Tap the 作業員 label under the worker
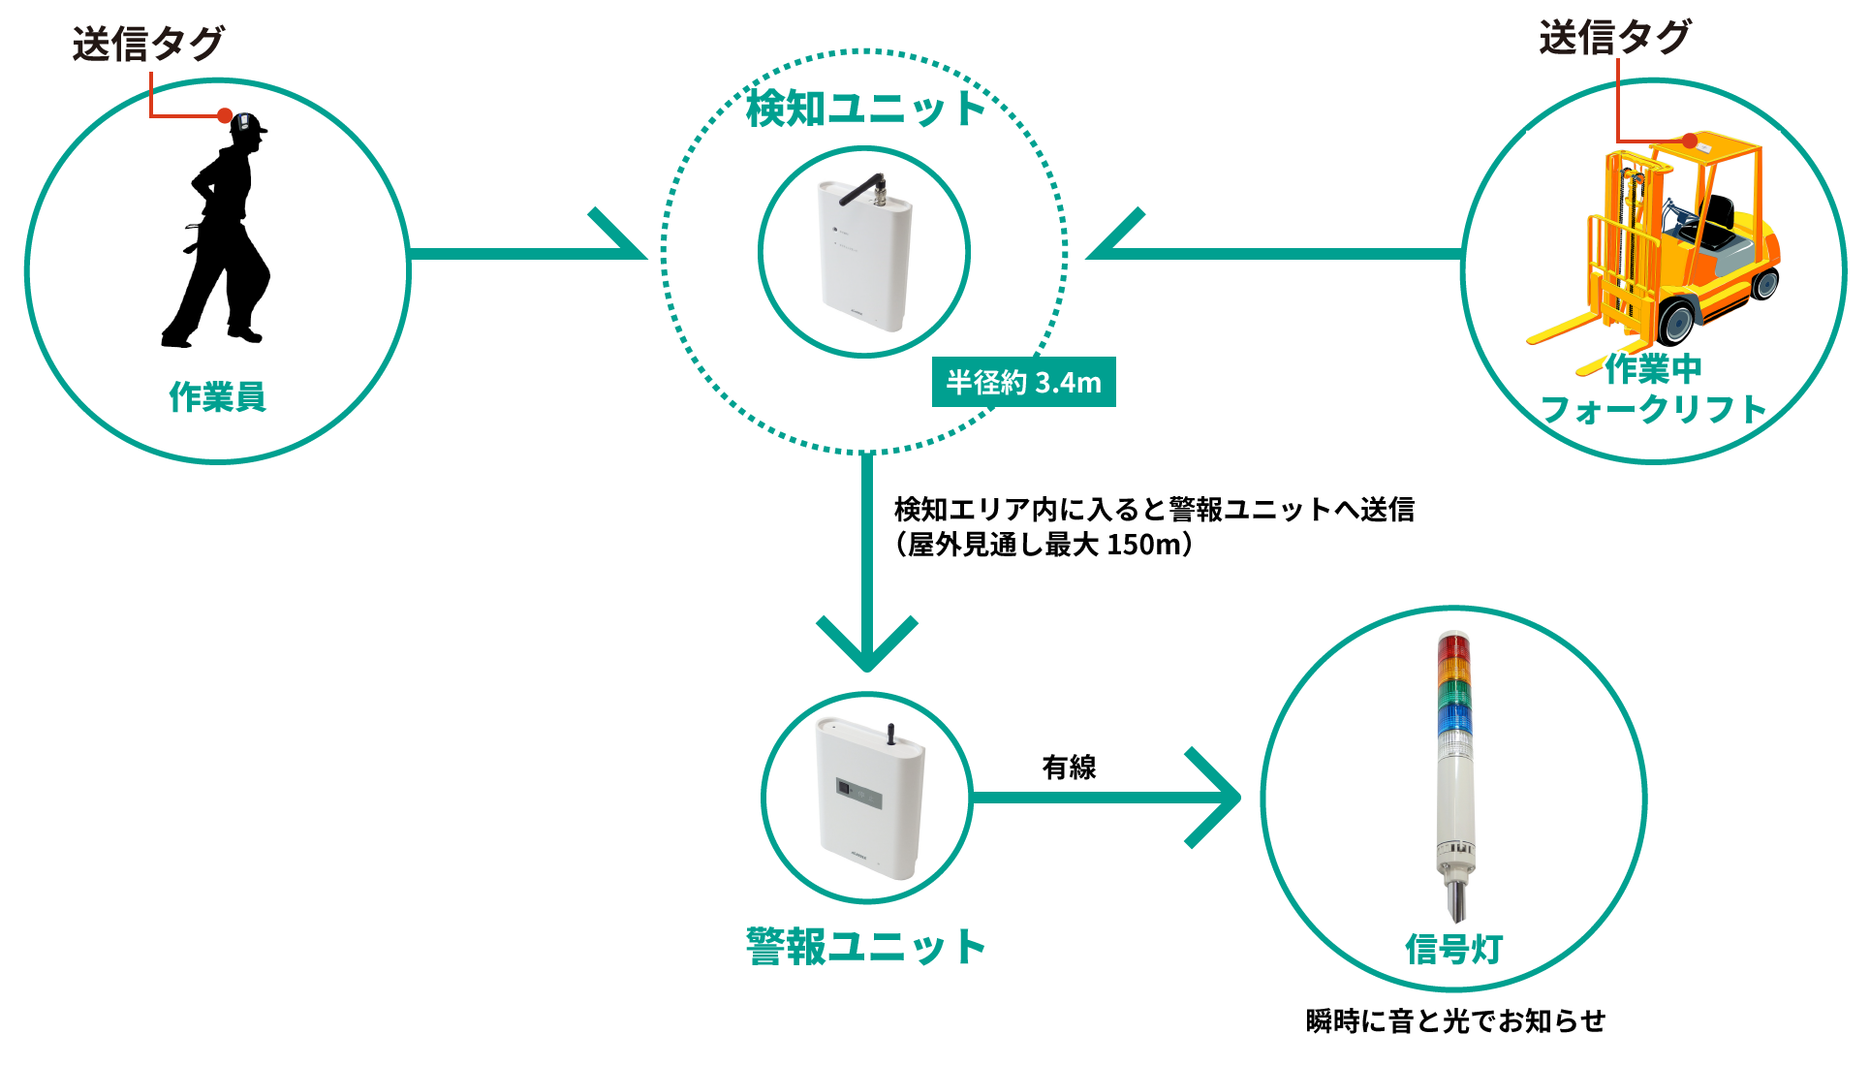217,396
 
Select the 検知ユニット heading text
865,108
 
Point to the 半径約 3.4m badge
1023,383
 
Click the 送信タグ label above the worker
147,44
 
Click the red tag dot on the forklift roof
1689,141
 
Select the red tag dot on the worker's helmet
225,116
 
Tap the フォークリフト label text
1654,409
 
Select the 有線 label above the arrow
1069,768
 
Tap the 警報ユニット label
865,947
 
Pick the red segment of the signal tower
1453,646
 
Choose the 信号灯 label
1453,949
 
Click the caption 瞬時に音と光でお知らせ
1455,1020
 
